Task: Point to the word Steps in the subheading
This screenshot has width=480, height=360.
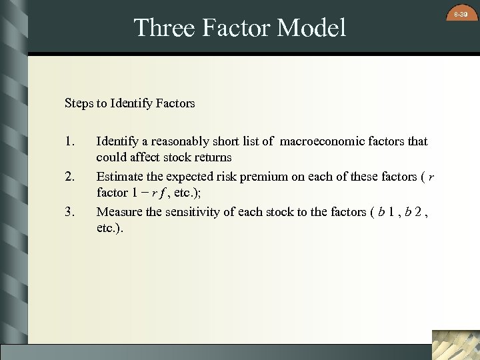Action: [78, 103]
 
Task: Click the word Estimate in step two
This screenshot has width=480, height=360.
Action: [118, 177]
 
